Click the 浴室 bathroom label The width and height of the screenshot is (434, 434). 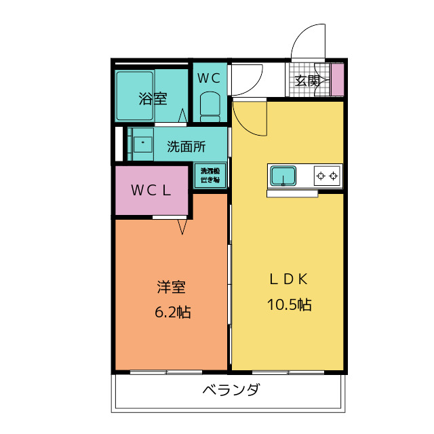point(153,98)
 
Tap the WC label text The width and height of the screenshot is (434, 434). point(208,78)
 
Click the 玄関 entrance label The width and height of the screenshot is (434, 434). point(307,81)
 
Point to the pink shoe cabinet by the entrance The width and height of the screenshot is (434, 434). point(337,79)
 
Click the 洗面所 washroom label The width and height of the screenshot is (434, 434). point(186,146)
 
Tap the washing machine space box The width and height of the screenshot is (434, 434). point(210,176)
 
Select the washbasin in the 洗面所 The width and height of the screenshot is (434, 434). point(143,144)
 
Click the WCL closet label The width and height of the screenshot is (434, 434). point(151,191)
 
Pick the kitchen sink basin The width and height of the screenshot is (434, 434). point(283,177)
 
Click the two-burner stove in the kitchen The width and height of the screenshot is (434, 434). point(328,176)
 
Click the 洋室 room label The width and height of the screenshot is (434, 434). point(171,287)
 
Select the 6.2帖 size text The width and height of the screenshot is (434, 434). point(171,313)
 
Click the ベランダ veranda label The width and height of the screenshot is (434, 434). point(231,391)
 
